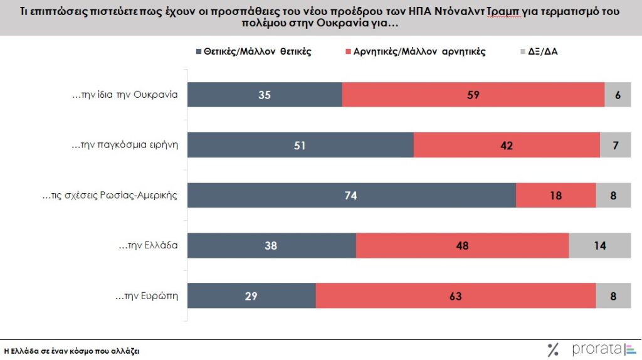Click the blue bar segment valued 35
pyautogui.click(x=265, y=95)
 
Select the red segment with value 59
pyautogui.click(x=473, y=95)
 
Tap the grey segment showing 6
pyautogui.click(x=617, y=95)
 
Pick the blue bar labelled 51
pyautogui.click(x=301, y=145)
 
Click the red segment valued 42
pyautogui.click(x=507, y=145)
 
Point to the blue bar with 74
pyautogui.click(x=352, y=195)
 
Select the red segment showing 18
pyautogui.click(x=555, y=195)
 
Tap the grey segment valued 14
pyautogui.click(x=599, y=245)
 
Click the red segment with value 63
pyautogui.click(x=456, y=295)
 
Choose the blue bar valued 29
pyautogui.click(x=252, y=295)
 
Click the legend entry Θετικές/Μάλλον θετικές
pyautogui.click(x=257, y=51)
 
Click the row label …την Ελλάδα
pyautogui.click(x=149, y=246)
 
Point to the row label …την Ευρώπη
pyautogui.click(x=148, y=296)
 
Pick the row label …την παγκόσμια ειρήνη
pyautogui.click(x=125, y=146)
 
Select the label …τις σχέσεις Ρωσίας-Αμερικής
pyautogui.click(x=110, y=196)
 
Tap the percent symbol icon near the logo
pyautogui.click(x=552, y=350)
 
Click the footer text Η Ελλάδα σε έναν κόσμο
pyautogui.click(x=71, y=351)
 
